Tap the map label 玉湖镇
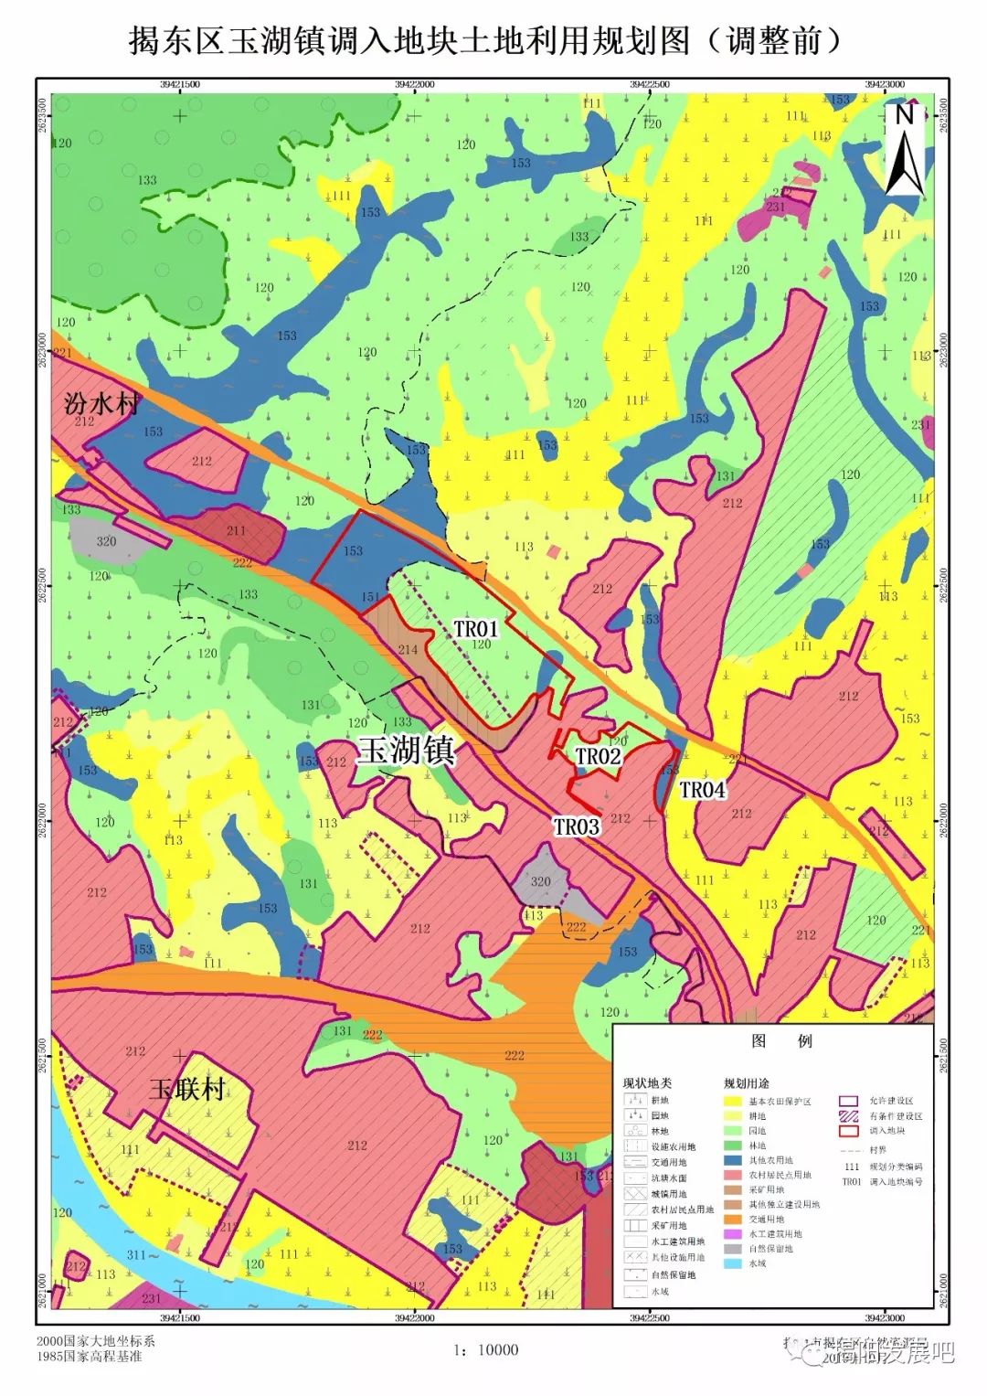406,751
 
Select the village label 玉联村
187,1089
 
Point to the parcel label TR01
475,629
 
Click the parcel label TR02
598,756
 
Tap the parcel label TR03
576,826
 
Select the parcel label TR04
702,789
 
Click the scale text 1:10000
485,1349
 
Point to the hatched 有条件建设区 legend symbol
849,1116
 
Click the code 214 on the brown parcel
408,649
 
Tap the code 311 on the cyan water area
135,1255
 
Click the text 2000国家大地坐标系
96,1340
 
